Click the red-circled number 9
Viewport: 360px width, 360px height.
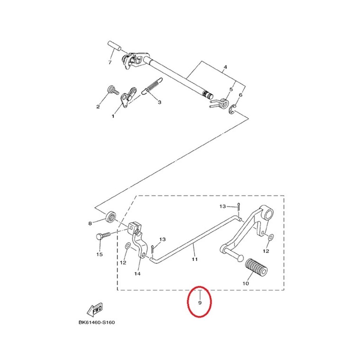coord(200,303)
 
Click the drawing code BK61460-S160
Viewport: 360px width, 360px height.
coord(97,323)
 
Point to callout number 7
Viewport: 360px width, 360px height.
coord(110,63)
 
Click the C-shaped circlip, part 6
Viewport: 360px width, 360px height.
coord(232,110)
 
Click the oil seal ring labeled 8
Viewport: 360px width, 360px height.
coord(111,217)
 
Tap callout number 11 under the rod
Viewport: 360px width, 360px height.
coord(195,259)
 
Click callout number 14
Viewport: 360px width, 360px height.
coord(137,274)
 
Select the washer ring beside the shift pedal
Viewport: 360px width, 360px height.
coord(270,237)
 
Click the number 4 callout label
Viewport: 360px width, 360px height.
coord(225,67)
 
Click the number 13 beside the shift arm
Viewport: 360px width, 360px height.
coord(162,239)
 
